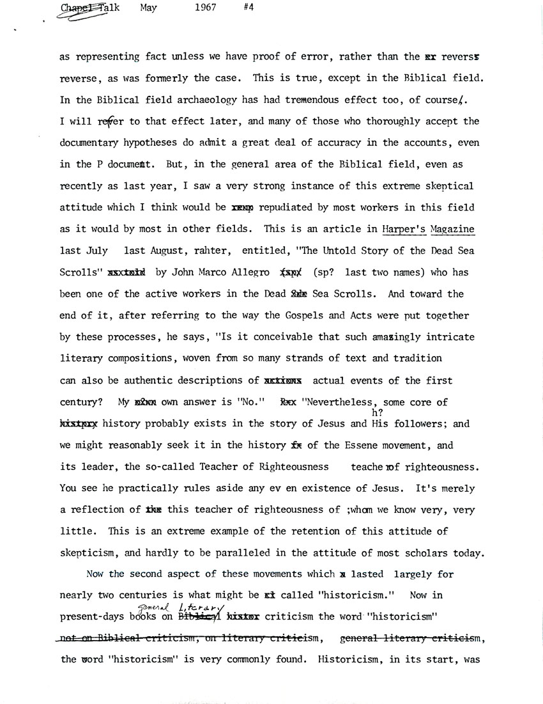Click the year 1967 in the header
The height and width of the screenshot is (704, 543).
coord(204,8)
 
